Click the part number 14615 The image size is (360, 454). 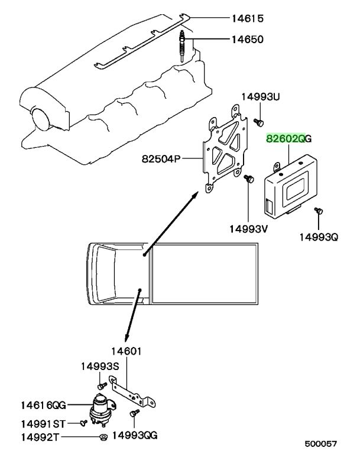(x=248, y=18)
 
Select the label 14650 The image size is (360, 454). (x=248, y=39)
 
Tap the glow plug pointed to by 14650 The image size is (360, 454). (x=182, y=46)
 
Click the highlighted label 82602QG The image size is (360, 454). (x=288, y=139)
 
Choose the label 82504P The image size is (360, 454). (x=161, y=158)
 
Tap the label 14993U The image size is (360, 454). (x=261, y=97)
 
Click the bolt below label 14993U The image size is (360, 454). (x=259, y=122)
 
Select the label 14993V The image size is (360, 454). (x=248, y=229)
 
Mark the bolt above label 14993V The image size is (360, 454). (x=249, y=179)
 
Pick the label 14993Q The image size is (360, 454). (x=319, y=238)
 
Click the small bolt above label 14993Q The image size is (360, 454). (x=319, y=211)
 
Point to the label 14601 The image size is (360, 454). (x=127, y=351)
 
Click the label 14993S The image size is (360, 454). (x=100, y=367)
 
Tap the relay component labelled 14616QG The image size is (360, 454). (x=101, y=410)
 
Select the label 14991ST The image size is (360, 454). (x=43, y=424)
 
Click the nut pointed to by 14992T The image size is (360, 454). (x=103, y=437)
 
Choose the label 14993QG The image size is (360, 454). (x=135, y=435)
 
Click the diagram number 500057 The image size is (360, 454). (x=321, y=443)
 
